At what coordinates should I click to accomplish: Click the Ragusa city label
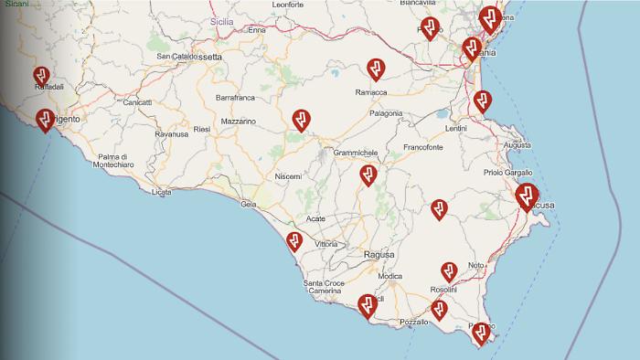click(379, 254)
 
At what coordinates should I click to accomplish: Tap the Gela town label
click(247, 204)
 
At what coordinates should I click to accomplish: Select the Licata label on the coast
click(162, 192)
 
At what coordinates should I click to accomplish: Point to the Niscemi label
click(288, 176)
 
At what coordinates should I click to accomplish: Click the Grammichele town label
click(357, 153)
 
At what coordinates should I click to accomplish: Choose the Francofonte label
click(423, 146)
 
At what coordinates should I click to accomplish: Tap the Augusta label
click(517, 145)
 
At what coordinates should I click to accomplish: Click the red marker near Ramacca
click(375, 69)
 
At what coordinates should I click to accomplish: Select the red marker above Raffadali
click(41, 75)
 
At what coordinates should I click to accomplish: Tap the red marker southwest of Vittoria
click(294, 241)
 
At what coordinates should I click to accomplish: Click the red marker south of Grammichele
click(368, 175)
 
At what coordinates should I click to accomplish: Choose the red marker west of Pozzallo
click(368, 304)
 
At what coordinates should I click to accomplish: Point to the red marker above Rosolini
click(449, 271)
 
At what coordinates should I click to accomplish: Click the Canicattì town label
click(137, 102)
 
